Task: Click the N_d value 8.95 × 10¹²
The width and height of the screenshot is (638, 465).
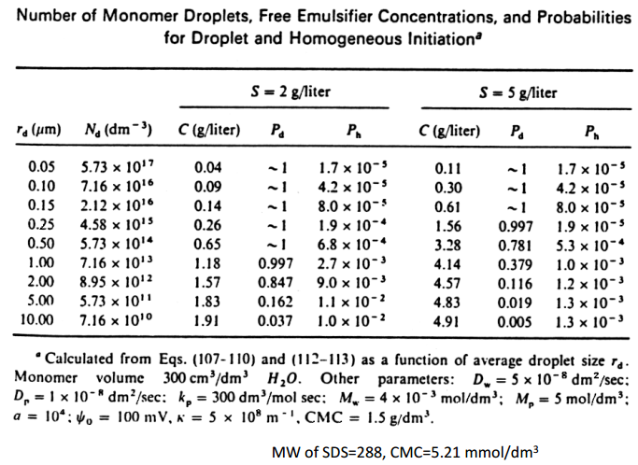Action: pyautogui.click(x=116, y=279)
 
